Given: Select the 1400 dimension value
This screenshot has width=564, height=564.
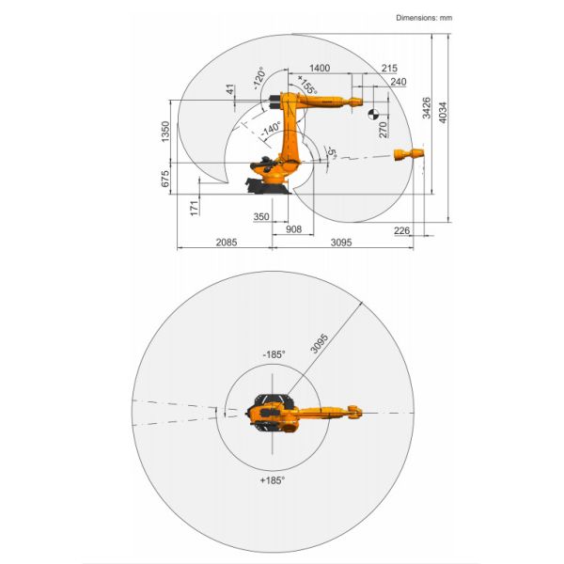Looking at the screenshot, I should [320, 69].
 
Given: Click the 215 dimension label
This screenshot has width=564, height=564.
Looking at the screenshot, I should [390, 69].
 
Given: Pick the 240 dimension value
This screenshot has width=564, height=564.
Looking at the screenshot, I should [398, 83].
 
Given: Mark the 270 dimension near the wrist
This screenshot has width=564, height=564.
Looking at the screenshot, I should [384, 129].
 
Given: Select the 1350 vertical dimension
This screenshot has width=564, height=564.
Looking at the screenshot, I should [165, 133].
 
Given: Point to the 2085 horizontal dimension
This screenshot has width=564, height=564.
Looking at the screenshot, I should [227, 243].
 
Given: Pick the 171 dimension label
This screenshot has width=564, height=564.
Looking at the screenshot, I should [194, 208].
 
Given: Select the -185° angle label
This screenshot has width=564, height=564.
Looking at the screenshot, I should [273, 354].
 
